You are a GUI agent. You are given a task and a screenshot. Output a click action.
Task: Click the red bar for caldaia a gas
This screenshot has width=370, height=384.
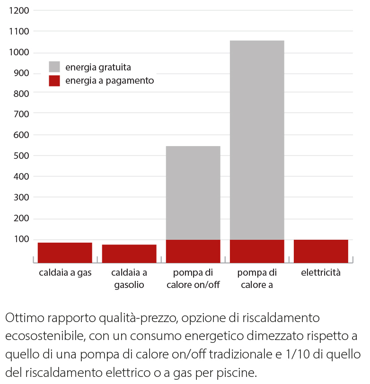pos(65,252)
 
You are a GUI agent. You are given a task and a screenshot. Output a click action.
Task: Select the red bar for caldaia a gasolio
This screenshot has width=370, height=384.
pos(129,253)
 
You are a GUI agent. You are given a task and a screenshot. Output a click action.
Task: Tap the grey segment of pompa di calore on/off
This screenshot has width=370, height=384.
pos(193,192)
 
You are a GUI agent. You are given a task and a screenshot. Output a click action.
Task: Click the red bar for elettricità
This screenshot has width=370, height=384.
pos(321,251)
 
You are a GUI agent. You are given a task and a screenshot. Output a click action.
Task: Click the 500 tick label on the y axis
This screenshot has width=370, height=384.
pos(21,156)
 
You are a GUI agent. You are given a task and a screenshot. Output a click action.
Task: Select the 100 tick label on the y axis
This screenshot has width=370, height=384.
pos(21,239)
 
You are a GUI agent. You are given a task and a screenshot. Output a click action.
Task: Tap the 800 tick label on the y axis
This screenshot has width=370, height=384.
pos(21,93)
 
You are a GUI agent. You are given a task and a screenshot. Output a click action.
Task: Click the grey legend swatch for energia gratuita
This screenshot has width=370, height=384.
pos(54,67)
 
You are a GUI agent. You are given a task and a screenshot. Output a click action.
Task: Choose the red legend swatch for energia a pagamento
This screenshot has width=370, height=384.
pos(54,81)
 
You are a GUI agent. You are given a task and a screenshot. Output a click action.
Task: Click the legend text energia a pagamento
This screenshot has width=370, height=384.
pos(109,81)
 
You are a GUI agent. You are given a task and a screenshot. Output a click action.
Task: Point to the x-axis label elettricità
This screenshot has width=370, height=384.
pos(321,273)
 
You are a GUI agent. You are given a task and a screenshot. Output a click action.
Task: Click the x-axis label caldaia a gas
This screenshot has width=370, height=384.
pos(65,273)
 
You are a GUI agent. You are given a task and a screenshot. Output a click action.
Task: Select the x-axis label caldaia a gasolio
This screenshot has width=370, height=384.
pos(129,279)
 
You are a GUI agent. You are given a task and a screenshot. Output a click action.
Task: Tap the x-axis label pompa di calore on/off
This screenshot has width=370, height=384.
pos(193,279)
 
